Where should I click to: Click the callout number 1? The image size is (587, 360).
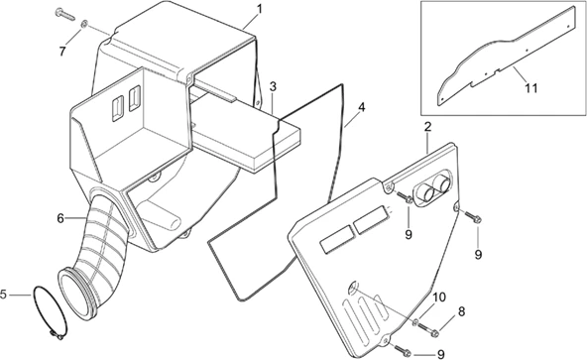click(259, 9)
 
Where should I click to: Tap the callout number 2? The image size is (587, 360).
click(428, 126)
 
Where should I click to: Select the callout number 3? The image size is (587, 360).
click(273, 87)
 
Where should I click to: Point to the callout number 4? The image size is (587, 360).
click(361, 107)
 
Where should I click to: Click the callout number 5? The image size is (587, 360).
click(3, 295)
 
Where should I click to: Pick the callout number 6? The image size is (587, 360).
click(60, 218)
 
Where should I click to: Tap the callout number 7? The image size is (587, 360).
click(62, 51)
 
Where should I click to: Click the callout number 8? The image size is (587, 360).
click(461, 311)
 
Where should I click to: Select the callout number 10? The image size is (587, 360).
click(439, 298)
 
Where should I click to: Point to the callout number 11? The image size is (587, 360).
click(531, 88)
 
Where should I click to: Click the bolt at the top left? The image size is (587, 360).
click(64, 14)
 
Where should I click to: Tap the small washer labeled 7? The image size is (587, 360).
click(84, 25)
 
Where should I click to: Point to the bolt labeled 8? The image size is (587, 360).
click(429, 328)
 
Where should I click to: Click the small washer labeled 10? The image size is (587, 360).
click(415, 321)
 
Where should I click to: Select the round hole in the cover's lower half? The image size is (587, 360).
click(353, 288)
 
